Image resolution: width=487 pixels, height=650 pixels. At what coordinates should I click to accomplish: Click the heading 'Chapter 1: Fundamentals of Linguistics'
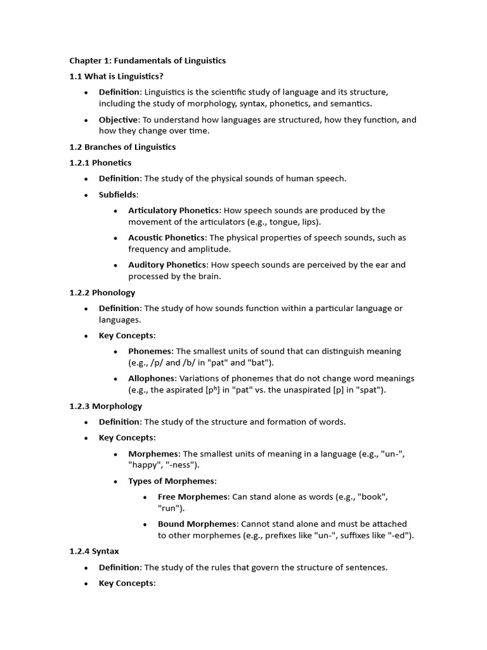coord(147,61)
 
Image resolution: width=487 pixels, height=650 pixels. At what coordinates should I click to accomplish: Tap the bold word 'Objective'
coord(118,120)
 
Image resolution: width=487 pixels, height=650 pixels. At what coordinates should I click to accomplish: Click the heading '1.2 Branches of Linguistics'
coord(122,147)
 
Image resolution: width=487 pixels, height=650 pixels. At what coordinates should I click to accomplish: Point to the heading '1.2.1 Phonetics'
coord(100,163)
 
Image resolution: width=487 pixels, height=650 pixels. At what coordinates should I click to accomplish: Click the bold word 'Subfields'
coord(118,194)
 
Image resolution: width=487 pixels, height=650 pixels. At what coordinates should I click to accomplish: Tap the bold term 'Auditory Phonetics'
coord(167,265)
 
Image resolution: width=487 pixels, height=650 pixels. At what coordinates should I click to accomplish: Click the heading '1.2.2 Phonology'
coord(102,293)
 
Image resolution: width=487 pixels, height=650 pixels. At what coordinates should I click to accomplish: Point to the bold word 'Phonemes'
coord(150,351)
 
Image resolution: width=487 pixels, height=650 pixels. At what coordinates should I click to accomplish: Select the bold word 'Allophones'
coord(152,378)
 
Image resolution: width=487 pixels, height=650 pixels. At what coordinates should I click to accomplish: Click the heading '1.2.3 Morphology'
coord(105,406)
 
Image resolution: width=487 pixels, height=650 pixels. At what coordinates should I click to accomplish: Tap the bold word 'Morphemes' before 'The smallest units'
coord(154,454)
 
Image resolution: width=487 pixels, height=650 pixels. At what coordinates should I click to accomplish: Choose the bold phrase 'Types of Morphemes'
coord(171,481)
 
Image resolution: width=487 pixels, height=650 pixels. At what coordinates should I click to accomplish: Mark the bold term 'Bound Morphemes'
coord(197,524)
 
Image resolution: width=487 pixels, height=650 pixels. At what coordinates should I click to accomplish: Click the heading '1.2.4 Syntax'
coord(94,552)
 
